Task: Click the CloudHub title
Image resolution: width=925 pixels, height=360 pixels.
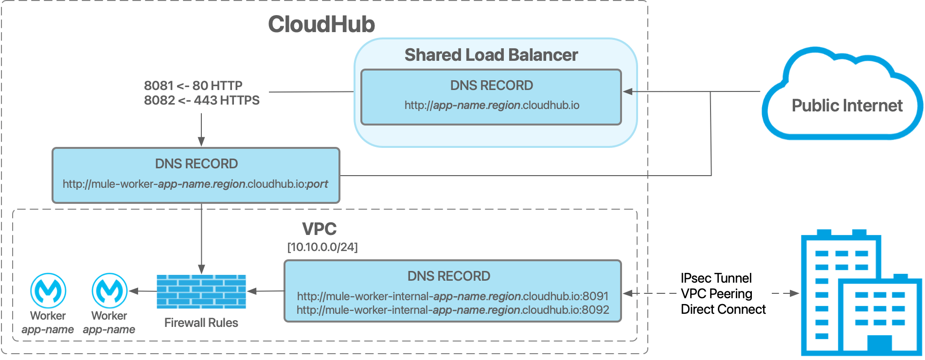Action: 321,24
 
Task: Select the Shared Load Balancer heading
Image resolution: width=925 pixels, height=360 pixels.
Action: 491,55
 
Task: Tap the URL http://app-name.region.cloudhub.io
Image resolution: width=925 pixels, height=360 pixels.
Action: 492,105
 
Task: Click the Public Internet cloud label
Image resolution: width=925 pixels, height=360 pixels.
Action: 847,106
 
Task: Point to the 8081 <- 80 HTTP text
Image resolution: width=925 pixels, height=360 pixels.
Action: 193,86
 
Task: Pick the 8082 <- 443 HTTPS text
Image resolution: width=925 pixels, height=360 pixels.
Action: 201,100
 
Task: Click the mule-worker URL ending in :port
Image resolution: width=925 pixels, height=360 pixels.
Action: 196,184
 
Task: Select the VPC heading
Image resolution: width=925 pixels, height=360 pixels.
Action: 319,229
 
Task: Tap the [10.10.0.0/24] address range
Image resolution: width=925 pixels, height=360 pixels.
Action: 322,247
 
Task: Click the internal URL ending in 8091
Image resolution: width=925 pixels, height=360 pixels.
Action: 452,296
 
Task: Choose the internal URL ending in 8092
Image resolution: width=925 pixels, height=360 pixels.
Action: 452,310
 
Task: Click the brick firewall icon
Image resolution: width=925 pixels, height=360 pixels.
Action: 201,291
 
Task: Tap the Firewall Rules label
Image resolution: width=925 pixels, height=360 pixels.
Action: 201,323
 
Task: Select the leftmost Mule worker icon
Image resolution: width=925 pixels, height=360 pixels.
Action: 48,290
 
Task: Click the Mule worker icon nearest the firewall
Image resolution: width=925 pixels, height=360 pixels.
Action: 109,290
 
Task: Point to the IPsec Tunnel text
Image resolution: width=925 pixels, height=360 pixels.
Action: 716,278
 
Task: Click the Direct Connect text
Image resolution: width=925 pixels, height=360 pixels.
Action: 723,309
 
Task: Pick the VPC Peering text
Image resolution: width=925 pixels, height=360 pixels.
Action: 716,294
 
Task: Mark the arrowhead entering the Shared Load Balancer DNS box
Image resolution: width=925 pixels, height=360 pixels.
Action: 628,91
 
